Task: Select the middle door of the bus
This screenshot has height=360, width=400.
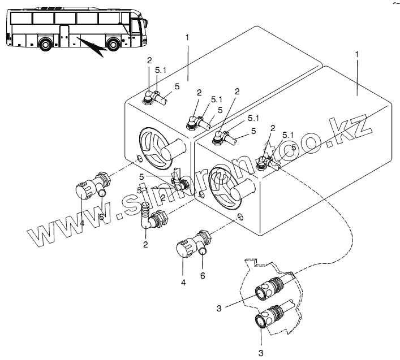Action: (x=64, y=36)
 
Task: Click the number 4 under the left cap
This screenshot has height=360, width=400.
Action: (x=81, y=224)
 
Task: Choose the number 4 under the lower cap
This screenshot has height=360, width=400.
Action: (x=182, y=281)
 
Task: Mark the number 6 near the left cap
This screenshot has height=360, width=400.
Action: (x=101, y=217)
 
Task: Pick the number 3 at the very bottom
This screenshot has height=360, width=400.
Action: (x=261, y=352)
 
